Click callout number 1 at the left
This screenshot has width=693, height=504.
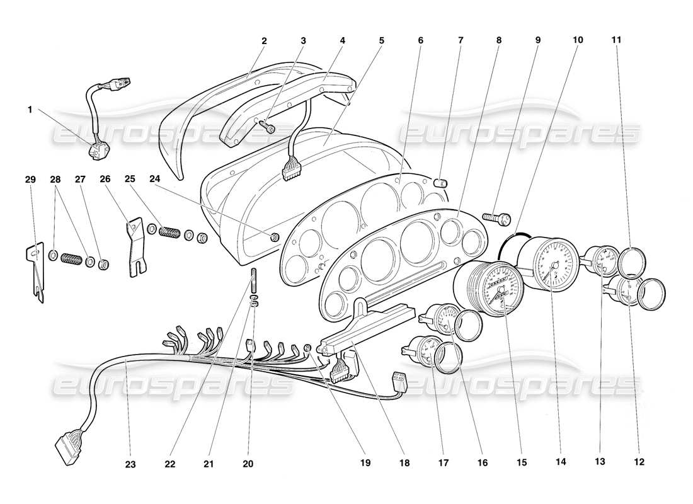(30, 109)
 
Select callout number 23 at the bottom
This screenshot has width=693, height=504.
(129, 464)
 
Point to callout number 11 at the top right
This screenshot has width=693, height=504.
(617, 40)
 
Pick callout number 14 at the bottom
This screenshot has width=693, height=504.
(561, 462)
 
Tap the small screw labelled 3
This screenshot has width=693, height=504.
(268, 127)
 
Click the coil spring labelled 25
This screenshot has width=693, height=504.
(168, 231)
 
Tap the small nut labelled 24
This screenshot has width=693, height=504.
(275, 237)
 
